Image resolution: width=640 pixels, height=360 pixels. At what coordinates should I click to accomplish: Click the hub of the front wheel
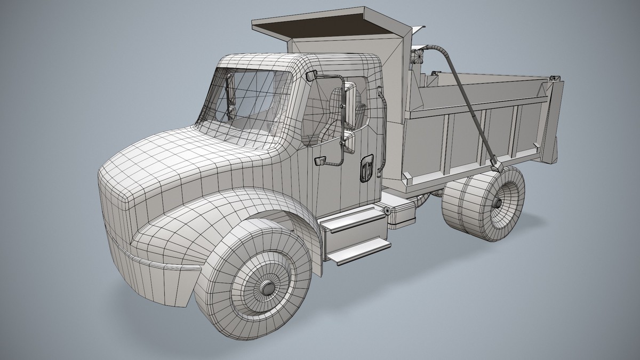point(265,288)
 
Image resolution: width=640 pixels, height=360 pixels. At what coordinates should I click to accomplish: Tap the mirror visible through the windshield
point(230,96)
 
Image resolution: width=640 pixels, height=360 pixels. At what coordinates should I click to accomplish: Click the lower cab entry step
point(358,252)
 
